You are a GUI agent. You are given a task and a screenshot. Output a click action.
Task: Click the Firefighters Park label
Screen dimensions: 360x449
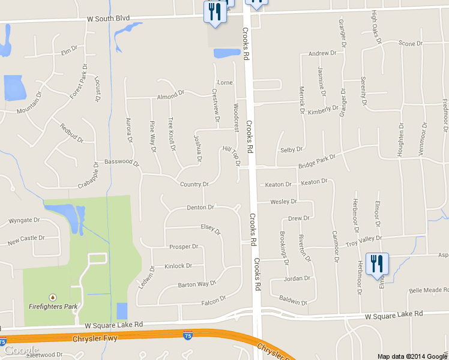(x=53, y=306)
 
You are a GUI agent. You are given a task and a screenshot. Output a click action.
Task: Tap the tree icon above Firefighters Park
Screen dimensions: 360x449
(x=53, y=296)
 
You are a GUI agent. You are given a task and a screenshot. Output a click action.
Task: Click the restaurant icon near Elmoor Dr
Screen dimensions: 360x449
(x=377, y=265)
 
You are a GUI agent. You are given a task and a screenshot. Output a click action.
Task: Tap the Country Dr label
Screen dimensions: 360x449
(x=194, y=184)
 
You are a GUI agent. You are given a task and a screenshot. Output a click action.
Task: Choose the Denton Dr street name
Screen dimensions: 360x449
(x=200, y=208)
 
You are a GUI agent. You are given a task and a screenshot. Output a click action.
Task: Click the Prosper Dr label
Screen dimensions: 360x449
(x=184, y=247)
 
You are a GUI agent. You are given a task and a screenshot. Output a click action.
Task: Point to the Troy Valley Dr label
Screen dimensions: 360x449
(x=364, y=240)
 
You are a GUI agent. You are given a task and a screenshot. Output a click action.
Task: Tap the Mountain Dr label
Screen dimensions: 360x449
(x=30, y=102)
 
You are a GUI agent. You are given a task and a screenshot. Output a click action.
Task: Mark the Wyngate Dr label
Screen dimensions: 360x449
(x=24, y=220)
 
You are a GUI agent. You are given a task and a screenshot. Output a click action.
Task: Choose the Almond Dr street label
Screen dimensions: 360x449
(x=170, y=95)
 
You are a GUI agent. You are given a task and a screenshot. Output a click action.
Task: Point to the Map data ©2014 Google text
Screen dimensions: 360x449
(x=412, y=356)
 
